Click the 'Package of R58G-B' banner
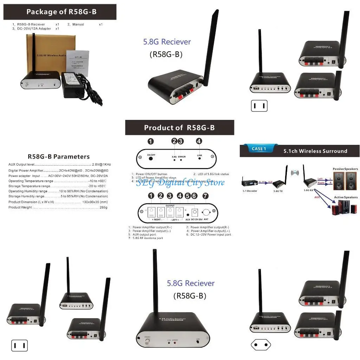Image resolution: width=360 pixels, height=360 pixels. (x=60, y=12)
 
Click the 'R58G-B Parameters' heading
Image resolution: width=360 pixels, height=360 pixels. (x=58, y=157)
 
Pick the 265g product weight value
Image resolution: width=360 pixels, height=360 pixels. (x=103, y=207)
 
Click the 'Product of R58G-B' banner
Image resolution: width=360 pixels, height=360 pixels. (x=179, y=128)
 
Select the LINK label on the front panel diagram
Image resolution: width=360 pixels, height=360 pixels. (x=199, y=155)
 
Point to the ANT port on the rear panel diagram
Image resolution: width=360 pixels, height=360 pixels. (x=206, y=212)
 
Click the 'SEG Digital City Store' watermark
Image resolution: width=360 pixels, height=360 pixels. (x=180, y=182)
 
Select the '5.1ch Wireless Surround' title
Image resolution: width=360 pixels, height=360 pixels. (x=315, y=151)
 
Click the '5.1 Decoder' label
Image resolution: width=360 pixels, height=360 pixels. (x=250, y=191)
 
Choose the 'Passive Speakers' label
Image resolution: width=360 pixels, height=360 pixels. (x=345, y=169)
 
